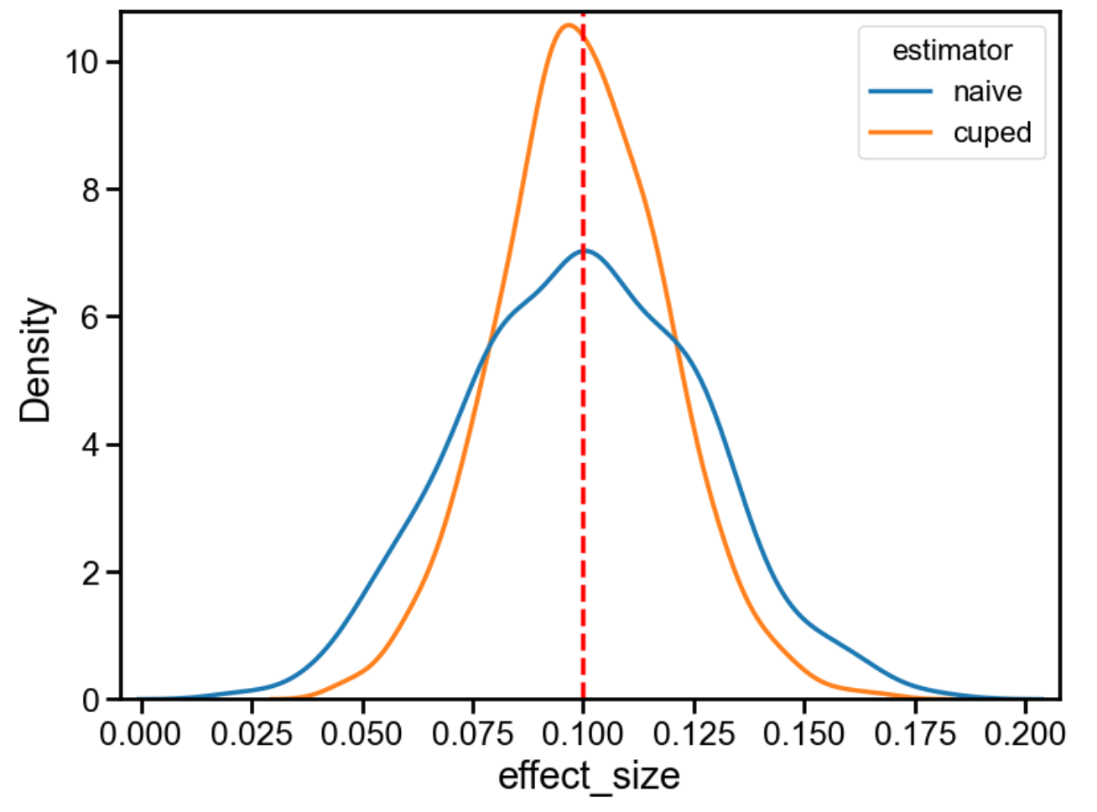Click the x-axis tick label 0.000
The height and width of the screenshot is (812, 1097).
click(140, 734)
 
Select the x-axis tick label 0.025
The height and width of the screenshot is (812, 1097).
click(251, 734)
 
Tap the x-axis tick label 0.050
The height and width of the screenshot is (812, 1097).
click(361, 734)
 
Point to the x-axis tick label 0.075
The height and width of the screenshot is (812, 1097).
click(472, 734)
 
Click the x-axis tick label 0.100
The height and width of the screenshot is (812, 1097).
click(583, 734)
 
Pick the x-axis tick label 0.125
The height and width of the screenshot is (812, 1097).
click(694, 734)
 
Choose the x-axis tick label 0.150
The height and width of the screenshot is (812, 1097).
click(804, 734)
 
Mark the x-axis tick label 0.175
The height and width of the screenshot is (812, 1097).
click(915, 734)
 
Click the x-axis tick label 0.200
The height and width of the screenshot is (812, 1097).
click(1025, 734)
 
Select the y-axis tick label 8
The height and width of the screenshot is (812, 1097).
click(91, 190)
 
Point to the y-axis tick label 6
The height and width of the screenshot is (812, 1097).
click(91, 318)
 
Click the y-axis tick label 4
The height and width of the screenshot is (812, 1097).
click(91, 445)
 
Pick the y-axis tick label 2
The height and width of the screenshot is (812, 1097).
click(91, 573)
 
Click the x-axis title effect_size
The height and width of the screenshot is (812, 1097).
click(589, 776)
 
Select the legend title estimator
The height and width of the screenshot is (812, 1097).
click(952, 50)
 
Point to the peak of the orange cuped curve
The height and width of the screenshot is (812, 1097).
click(568, 25)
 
